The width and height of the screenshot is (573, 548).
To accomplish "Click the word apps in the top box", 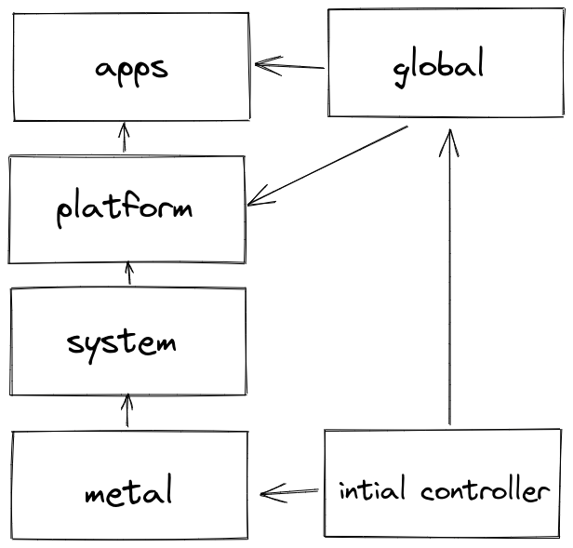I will point(131,69).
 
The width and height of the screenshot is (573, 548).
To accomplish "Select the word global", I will point(439,67).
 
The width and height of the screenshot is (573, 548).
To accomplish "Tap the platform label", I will point(125,207).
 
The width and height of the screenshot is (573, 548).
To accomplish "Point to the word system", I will point(122,342).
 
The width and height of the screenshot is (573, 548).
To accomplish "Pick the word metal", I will point(128,490).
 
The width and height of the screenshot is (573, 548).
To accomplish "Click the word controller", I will point(484,489).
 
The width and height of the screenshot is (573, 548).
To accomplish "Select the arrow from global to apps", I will point(290,66).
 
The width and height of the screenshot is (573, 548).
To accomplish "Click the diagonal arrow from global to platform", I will point(327,165).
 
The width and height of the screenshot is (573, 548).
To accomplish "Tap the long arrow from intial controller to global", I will point(450,279).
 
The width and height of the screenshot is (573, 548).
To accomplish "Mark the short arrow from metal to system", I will point(127,410).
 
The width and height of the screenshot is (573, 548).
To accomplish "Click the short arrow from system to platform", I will point(128,274).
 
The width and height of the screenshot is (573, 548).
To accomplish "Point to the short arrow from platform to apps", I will point(123,138).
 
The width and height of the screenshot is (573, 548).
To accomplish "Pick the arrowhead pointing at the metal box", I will point(270,493).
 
